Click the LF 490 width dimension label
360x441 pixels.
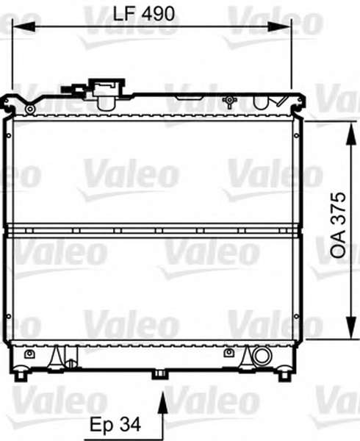pyautogui.click(x=143, y=13)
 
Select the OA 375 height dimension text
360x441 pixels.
pyautogui.click(x=338, y=225)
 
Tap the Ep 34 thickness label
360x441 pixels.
pyautogui.click(x=115, y=424)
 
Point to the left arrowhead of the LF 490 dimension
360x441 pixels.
pyautogui.click(x=24, y=27)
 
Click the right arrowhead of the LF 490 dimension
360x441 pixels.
pyautogui.click(x=278, y=27)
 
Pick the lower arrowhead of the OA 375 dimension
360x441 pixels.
pyautogui.click(x=351, y=327)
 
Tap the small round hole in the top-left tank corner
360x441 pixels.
pyautogui.click(x=30, y=109)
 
